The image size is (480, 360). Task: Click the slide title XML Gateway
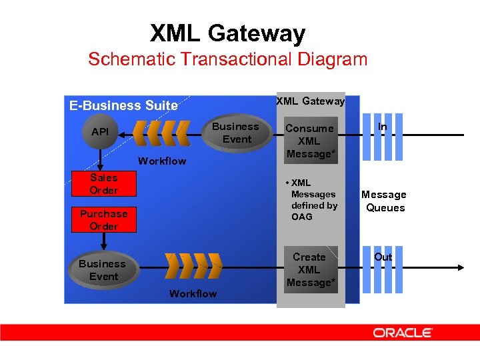click(x=227, y=33)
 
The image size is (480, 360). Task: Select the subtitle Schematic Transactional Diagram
click(x=227, y=59)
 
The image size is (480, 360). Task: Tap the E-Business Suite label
click(x=124, y=105)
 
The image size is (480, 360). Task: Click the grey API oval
click(x=100, y=132)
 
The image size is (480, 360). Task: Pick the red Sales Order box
click(x=103, y=184)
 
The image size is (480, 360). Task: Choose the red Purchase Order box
click(x=103, y=220)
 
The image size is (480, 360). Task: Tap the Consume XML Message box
click(x=309, y=141)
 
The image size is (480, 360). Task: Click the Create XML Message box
click(x=309, y=269)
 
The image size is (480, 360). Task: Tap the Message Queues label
click(x=384, y=201)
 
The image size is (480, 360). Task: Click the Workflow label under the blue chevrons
click(x=162, y=161)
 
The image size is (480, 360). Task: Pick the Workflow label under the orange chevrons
click(x=193, y=293)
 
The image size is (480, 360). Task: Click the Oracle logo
click(x=403, y=332)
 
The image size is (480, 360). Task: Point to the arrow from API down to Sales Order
click(x=100, y=158)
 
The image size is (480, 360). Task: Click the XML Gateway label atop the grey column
click(x=310, y=101)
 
